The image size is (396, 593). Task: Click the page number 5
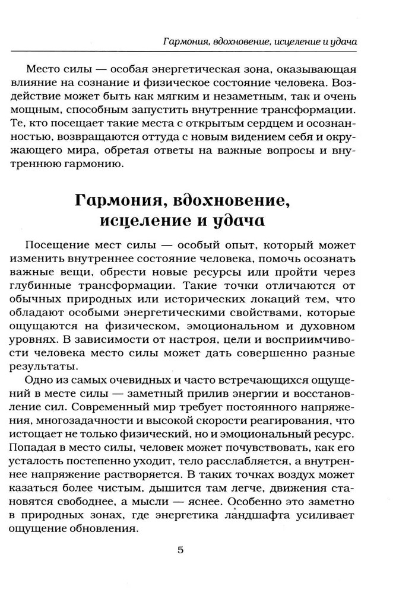pyautogui.click(x=181, y=550)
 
